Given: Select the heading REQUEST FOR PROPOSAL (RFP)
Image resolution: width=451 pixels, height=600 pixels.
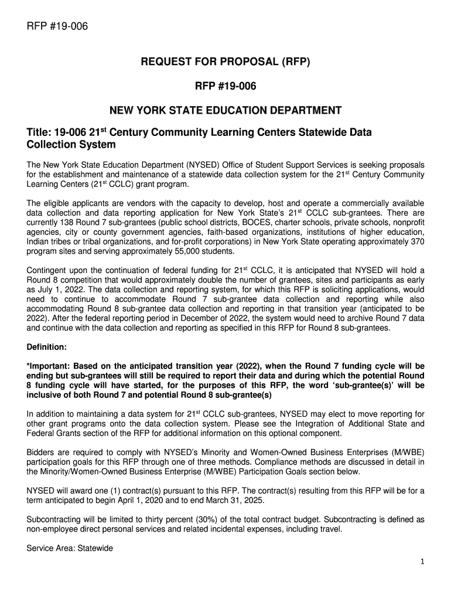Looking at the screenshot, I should pos(225,62).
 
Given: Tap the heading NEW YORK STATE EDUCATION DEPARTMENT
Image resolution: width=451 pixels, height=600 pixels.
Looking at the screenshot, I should pos(225,110).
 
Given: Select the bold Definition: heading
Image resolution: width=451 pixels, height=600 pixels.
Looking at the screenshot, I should pos(47,346).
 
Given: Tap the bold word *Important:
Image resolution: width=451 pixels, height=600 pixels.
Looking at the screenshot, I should pos(50,366).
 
